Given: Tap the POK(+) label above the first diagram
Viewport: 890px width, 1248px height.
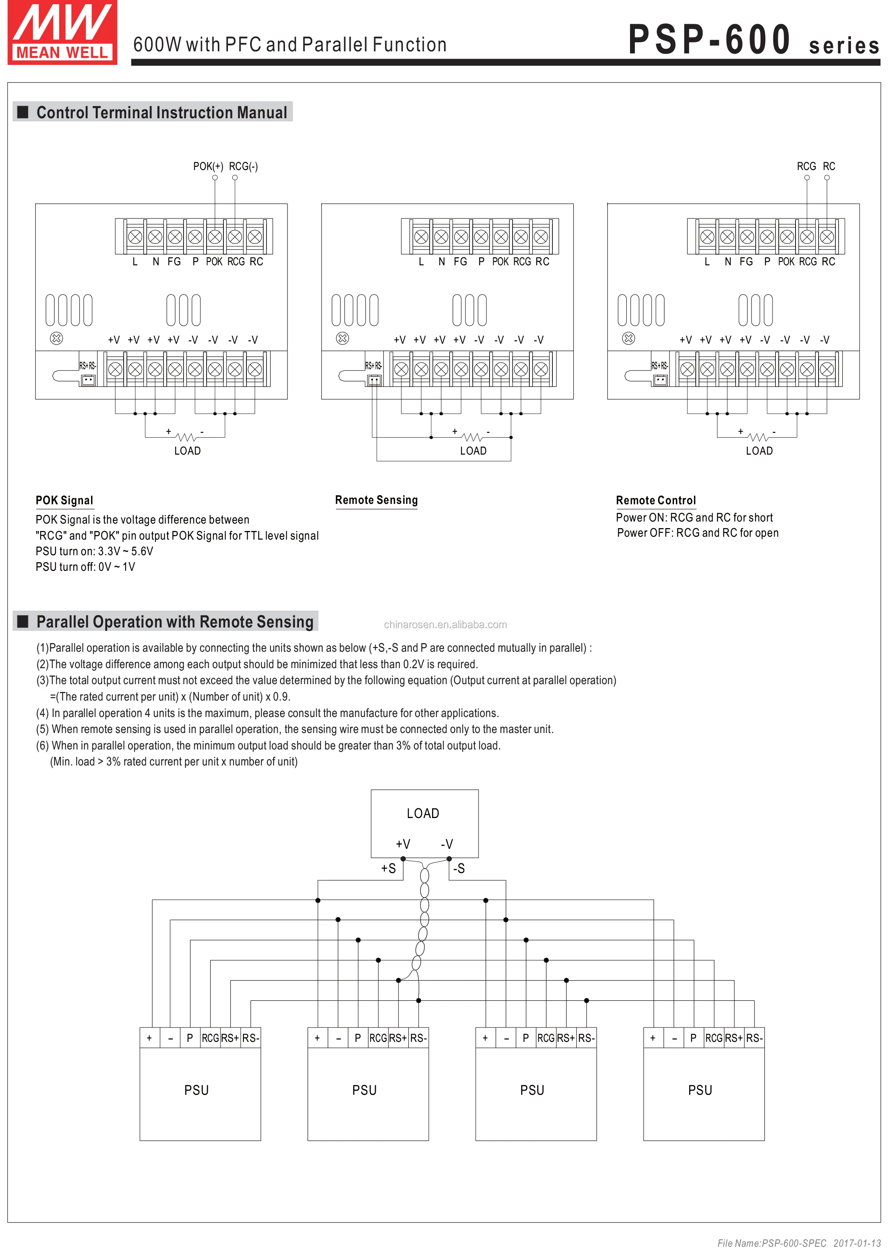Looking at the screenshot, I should click(x=208, y=166).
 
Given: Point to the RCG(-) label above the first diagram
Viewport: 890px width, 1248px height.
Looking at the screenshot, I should click(x=243, y=166).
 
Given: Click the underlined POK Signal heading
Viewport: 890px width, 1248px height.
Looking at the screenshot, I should click(x=64, y=500).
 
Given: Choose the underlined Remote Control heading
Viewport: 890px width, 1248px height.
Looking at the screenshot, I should click(x=655, y=500).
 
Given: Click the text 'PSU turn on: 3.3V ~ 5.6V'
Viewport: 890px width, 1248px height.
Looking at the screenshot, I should click(x=94, y=551).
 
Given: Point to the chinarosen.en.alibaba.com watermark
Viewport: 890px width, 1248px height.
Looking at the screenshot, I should click(x=445, y=625).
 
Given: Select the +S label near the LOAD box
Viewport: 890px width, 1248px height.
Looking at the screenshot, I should click(x=388, y=868).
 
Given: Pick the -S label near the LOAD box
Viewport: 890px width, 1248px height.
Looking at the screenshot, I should click(x=459, y=868).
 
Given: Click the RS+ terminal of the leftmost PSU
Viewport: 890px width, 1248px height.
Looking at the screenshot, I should click(x=230, y=1038).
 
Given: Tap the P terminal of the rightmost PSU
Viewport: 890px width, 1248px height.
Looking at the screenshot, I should click(x=693, y=1038).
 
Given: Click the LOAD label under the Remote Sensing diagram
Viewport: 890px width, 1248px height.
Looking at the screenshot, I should click(x=473, y=451).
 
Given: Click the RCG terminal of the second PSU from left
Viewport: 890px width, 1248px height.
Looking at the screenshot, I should click(x=378, y=1038).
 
